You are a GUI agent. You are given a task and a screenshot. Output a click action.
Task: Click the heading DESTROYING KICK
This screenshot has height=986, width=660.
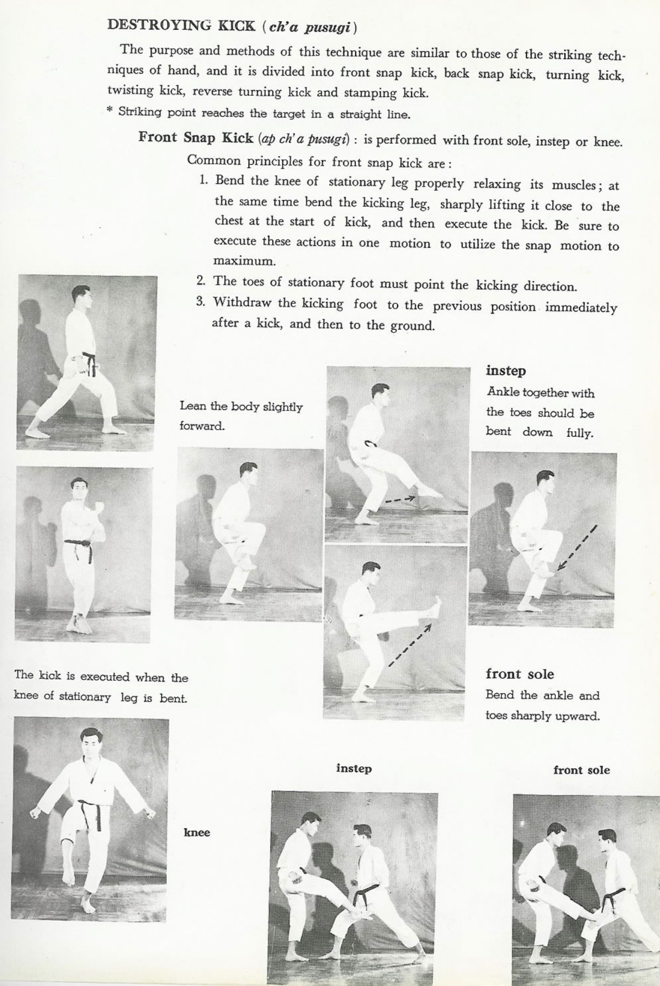tap(180, 25)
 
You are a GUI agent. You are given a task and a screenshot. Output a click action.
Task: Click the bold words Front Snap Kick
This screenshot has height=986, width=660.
tap(196, 137)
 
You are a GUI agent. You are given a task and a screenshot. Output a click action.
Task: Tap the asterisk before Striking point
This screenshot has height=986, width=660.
tap(110, 111)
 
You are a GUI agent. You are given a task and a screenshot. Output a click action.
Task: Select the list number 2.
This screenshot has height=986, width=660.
tap(201, 281)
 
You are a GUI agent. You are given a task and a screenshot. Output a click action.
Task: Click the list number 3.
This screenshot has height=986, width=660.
tap(201, 302)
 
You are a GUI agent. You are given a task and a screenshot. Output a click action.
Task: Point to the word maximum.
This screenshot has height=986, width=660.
tap(244, 261)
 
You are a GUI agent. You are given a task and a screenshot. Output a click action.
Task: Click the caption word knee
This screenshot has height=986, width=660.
tap(197, 832)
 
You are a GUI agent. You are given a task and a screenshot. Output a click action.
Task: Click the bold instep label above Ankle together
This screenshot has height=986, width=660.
tap(506, 371)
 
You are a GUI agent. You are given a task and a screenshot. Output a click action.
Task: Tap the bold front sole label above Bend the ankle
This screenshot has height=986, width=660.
tap(519, 674)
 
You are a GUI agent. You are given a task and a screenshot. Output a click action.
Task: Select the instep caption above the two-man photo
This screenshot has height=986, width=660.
tap(354, 768)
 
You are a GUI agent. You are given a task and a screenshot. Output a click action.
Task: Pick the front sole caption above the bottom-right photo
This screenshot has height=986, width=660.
tap(581, 770)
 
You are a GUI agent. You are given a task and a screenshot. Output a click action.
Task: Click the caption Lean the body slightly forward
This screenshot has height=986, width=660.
tap(241, 416)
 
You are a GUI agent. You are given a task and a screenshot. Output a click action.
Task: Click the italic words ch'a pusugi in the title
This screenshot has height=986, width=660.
tap(309, 26)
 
